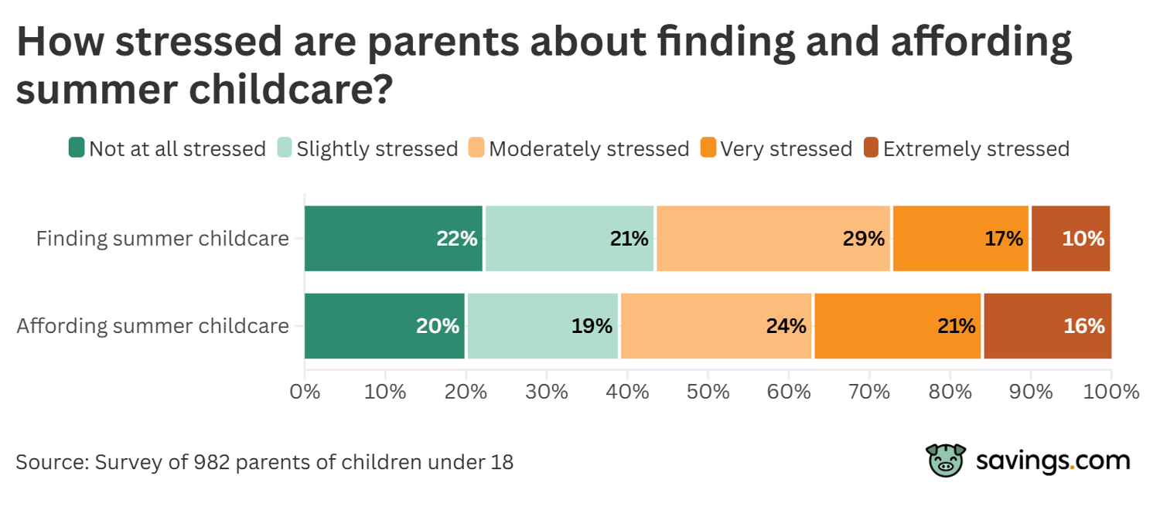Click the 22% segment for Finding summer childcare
tap(393, 239)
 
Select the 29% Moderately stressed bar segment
tap(773, 239)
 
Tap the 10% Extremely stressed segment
tap(1071, 239)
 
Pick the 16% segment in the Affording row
tap(1047, 326)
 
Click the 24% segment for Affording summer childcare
tap(716, 326)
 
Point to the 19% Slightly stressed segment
tap(543, 326)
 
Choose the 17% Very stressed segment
tap(961, 239)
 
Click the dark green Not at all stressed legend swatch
tap(76, 148)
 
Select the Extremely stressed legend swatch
tap(871, 148)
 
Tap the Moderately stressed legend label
tap(589, 148)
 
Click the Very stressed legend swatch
tap(708, 148)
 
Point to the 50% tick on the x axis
tap(708, 392)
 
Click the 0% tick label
tap(305, 392)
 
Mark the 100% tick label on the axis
tap(1111, 392)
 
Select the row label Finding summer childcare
tap(162, 239)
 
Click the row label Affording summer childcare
tap(153, 326)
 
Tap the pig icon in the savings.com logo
tap(946, 461)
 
